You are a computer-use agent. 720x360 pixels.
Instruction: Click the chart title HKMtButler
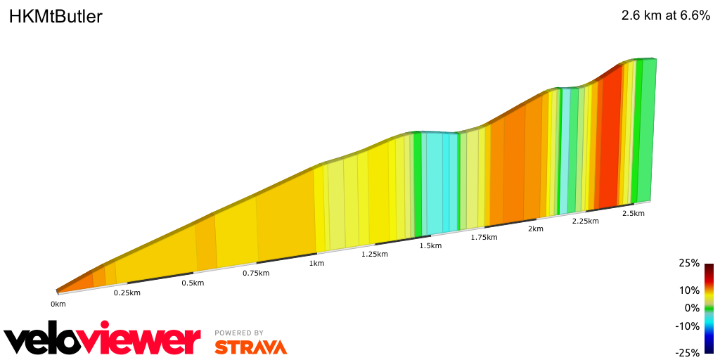pyautogui.click(x=56, y=17)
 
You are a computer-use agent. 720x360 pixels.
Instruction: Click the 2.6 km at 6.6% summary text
pyautogui.click(x=665, y=16)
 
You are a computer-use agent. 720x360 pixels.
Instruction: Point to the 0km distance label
pyautogui.click(x=58, y=304)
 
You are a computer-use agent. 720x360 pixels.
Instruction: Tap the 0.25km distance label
pyautogui.click(x=127, y=292)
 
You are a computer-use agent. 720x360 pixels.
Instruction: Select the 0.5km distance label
pyautogui.click(x=193, y=283)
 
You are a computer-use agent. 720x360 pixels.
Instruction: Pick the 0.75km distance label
pyautogui.click(x=256, y=273)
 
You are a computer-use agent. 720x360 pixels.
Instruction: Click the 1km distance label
pyautogui.click(x=316, y=263)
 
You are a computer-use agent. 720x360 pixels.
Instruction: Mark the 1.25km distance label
pyautogui.click(x=374, y=254)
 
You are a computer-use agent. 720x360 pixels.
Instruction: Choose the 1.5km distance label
pyautogui.click(x=430, y=245)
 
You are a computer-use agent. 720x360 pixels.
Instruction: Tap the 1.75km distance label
pyautogui.click(x=484, y=237)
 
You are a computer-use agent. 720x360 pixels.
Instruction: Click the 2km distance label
pyautogui.click(x=536, y=229)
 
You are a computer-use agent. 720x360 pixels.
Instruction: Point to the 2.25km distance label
pyautogui.click(x=585, y=221)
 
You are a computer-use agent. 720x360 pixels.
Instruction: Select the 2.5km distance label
pyautogui.click(x=634, y=213)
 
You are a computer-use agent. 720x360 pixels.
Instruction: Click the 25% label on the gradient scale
pyautogui.click(x=690, y=263)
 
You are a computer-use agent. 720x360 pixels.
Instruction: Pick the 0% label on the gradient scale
pyautogui.click(x=693, y=308)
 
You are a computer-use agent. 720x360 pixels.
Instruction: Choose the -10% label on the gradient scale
pyautogui.click(x=688, y=326)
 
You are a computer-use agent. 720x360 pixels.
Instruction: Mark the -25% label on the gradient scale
pyautogui.click(x=688, y=353)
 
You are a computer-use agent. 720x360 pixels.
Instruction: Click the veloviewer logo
pyautogui.click(x=102, y=340)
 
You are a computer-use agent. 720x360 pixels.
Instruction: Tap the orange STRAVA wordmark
pyautogui.click(x=250, y=347)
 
